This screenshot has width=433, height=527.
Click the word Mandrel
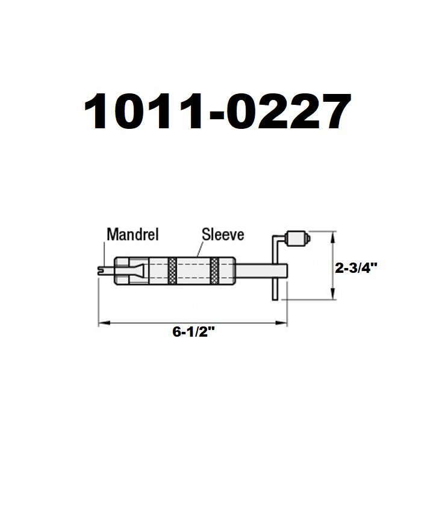pos(132,234)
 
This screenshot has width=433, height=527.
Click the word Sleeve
pos(223,234)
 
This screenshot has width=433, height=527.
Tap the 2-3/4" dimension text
pos(357,268)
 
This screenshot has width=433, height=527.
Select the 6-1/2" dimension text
pos(194,332)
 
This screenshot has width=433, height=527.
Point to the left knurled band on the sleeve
pos(172,271)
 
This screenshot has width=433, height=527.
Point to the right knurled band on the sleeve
pos(214,271)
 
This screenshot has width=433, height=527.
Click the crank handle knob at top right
pos(297,239)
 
